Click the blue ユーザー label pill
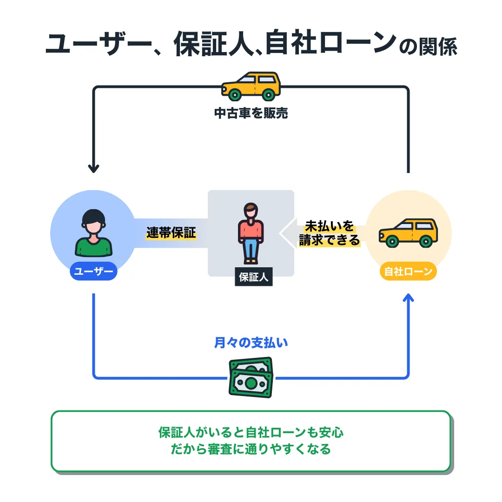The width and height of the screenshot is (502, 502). tap(93, 272)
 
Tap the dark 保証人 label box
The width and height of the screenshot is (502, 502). tap(254, 277)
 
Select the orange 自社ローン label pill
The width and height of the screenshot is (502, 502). tap(408, 272)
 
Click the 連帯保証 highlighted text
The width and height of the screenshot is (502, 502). tap(171, 233)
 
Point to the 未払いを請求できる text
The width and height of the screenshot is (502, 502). tap(330, 234)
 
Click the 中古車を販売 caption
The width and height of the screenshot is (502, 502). tap(251, 113)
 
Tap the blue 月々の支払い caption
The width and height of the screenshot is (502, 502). tap(251, 343)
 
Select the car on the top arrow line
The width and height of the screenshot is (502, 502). tap(251, 86)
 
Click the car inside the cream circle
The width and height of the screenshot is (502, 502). tap(408, 232)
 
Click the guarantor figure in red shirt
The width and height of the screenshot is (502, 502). tap(251, 232)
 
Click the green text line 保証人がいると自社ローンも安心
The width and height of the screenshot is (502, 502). tap(251, 433)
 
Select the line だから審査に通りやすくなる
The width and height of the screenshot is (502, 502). tap(251, 449)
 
